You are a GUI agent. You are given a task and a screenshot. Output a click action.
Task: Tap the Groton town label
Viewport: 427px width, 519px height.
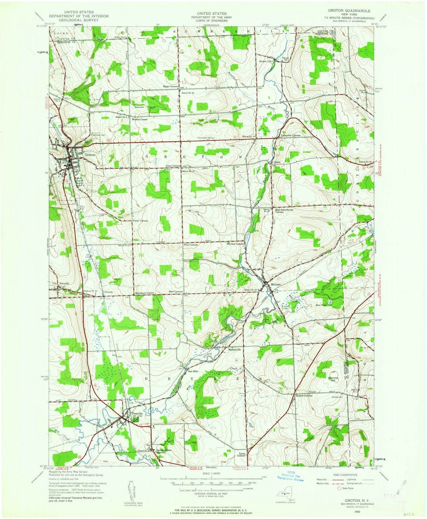pyautogui.click(x=90, y=155)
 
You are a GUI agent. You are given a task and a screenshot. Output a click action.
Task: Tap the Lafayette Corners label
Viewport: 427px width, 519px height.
pyautogui.click(x=291, y=135)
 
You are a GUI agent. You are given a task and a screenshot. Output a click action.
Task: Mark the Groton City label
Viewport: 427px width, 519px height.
pyautogui.click(x=265, y=61)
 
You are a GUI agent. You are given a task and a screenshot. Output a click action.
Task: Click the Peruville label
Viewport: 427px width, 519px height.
pyautogui.click(x=65, y=283)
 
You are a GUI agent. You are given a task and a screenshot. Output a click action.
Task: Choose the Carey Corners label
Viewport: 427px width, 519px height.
pyautogui.click(x=140, y=221)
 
